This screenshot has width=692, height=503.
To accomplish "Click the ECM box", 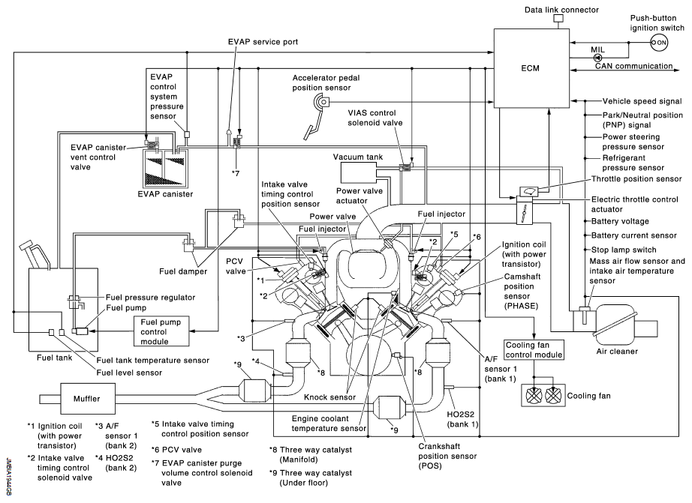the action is point(531,68).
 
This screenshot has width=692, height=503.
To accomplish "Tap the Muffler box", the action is point(87,399).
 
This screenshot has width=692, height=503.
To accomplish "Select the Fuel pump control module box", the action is point(161,331).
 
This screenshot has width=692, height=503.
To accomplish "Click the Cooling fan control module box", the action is point(534,350).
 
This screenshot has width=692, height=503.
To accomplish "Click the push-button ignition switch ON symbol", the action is point(659,43).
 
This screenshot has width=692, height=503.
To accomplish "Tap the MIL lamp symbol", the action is point(597,57).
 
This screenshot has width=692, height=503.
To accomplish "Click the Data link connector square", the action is point(558,19).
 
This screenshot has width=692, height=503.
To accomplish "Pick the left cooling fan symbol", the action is point(534,396).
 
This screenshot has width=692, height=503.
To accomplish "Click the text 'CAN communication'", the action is point(633,66).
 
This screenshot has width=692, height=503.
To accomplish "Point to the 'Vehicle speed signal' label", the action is point(642,101).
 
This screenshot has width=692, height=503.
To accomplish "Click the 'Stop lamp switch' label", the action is point(624,250).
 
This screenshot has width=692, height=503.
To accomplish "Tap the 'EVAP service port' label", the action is point(263,42).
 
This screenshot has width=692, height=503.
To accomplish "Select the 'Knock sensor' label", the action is point(329,397).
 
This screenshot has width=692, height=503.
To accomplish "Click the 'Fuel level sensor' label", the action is point(129,373).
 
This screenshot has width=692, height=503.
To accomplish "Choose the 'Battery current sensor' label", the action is point(633,235).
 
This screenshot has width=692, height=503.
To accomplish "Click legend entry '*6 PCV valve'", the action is point(176,450).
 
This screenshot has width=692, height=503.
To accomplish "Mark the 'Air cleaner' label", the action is point(617,352).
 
